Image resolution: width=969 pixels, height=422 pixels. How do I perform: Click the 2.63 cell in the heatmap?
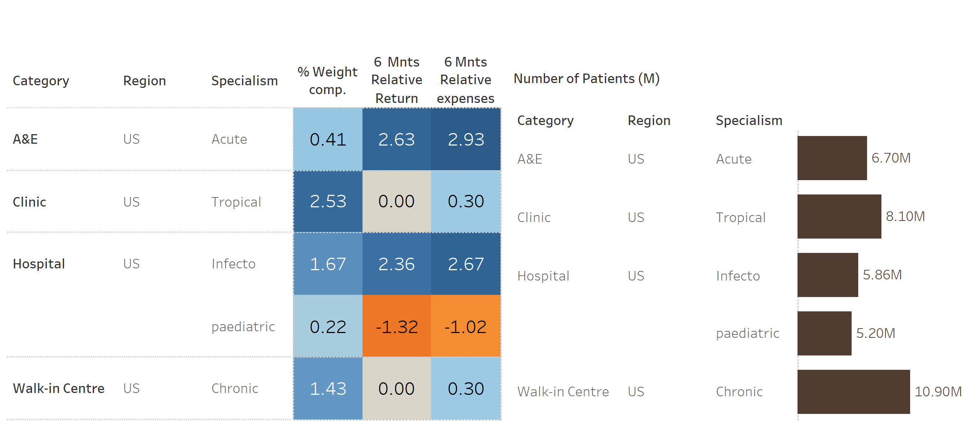[x=396, y=139]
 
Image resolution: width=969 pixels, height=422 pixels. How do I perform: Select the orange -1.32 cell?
[x=396, y=326]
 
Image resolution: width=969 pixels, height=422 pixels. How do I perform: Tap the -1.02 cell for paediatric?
[x=465, y=326]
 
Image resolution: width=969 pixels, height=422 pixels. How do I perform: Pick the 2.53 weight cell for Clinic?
[x=328, y=201]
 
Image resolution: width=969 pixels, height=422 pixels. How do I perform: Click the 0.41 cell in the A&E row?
[x=328, y=139]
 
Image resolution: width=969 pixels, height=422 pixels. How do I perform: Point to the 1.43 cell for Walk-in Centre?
[x=328, y=388]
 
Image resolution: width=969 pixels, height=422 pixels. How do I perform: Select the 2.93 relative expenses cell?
[x=465, y=139]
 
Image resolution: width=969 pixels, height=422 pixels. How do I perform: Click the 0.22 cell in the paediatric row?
[x=328, y=326]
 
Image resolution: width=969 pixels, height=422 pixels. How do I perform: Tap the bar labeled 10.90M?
[x=853, y=391]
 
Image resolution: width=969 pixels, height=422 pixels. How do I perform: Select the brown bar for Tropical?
[x=839, y=216]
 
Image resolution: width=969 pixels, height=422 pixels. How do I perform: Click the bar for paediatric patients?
[x=824, y=333]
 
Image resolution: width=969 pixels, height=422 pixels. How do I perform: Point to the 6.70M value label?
[x=891, y=158]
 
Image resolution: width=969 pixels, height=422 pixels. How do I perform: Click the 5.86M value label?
[x=882, y=275]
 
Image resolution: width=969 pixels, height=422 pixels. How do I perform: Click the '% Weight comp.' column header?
[x=327, y=81]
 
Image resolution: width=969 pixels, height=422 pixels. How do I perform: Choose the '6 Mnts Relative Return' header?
[x=396, y=80]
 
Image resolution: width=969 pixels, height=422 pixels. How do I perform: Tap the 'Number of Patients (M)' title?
[x=586, y=79]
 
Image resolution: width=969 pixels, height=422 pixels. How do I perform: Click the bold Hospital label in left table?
[x=39, y=264]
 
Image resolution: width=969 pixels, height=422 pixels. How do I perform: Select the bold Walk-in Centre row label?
[x=58, y=388]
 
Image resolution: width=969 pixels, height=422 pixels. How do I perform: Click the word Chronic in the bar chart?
[x=739, y=391]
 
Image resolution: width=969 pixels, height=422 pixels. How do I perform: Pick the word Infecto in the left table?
[x=233, y=264]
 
